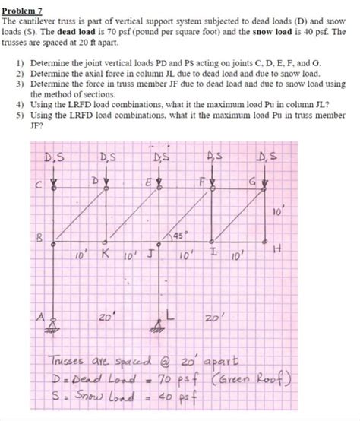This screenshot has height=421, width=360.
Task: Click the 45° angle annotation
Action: tap(182, 234)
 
